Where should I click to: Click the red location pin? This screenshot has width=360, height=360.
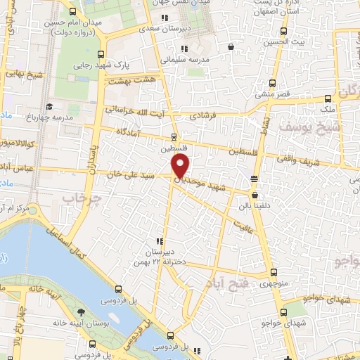click(181, 167)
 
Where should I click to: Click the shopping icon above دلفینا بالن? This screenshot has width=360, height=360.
click(254, 195)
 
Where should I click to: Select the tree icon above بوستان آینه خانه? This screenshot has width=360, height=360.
click(82, 311)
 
